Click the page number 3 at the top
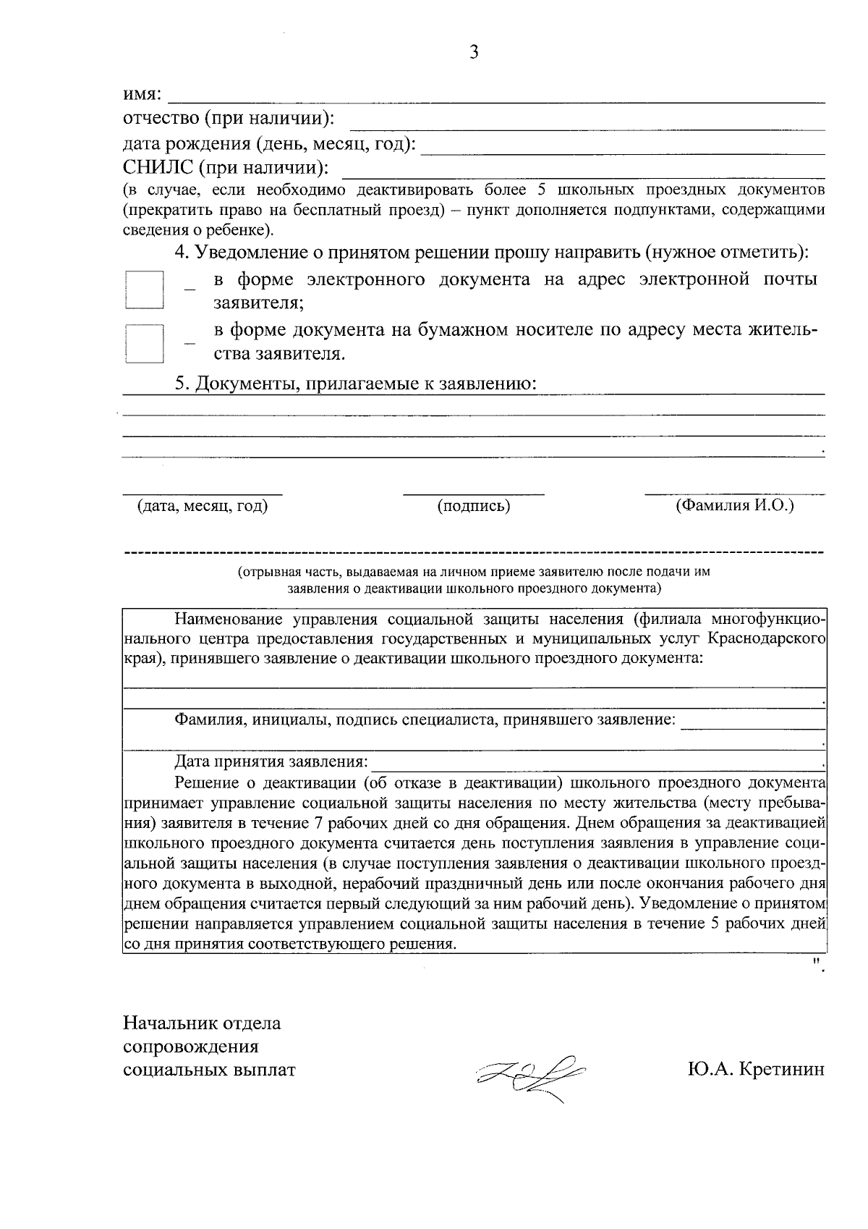pyautogui.click(x=474, y=52)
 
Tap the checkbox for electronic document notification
pyautogui.click(x=144, y=291)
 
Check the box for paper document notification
pyautogui.click(x=144, y=342)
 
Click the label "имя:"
pyautogui.click(x=142, y=95)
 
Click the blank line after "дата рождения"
pyautogui.click(x=622, y=148)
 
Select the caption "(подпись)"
pyautogui.click(x=474, y=507)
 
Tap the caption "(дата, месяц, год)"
pyautogui.click(x=203, y=507)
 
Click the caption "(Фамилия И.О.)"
pyautogui.click(x=734, y=505)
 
